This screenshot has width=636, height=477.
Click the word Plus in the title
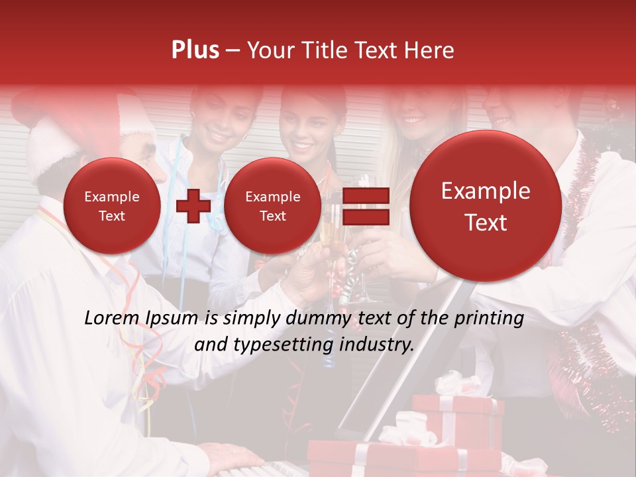pos(195,50)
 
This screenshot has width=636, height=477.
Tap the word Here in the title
pos(429,50)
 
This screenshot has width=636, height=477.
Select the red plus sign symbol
pos(193,205)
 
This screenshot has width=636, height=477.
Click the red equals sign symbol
pos(364,205)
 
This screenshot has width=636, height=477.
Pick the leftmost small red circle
pos(112,205)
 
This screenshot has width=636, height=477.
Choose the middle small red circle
pos(272,205)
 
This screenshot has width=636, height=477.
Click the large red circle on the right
pos(486,205)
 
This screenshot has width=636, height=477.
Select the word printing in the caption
pos(488,319)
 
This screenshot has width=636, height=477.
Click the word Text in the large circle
pos(486,223)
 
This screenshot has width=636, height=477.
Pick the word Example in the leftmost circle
pos(112,197)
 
